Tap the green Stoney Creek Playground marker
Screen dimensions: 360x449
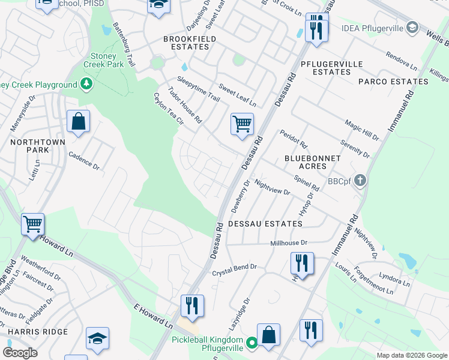click(87, 83)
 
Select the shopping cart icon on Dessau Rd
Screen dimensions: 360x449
click(242, 125)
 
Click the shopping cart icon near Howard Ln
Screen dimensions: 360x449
click(33, 225)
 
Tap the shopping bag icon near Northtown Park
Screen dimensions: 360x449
click(78, 122)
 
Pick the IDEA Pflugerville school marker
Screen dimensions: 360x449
click(411, 28)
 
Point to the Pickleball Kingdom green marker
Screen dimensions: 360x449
click(253, 343)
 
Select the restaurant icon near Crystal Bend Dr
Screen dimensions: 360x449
click(302, 263)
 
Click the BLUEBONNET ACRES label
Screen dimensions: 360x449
click(312, 162)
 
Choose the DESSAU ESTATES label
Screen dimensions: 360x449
click(265, 224)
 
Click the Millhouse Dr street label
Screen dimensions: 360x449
click(289, 243)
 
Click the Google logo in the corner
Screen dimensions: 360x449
click(20, 353)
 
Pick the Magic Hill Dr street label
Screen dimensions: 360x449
click(362, 130)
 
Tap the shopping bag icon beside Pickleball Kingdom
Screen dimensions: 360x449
click(268, 335)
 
